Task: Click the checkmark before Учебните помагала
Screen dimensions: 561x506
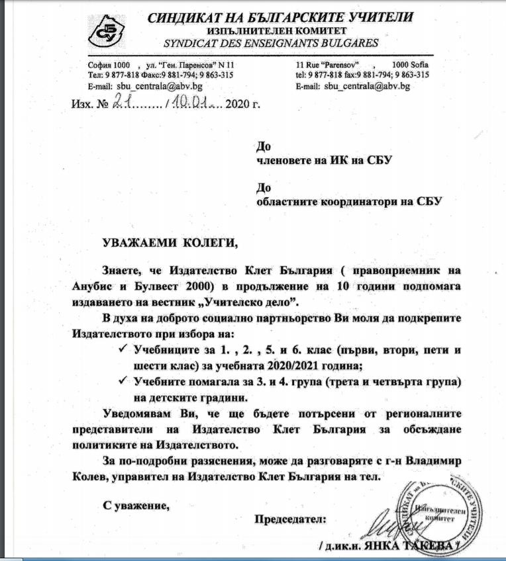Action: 121,382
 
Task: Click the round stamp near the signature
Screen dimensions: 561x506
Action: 444,508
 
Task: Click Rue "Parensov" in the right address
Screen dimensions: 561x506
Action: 331,65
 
